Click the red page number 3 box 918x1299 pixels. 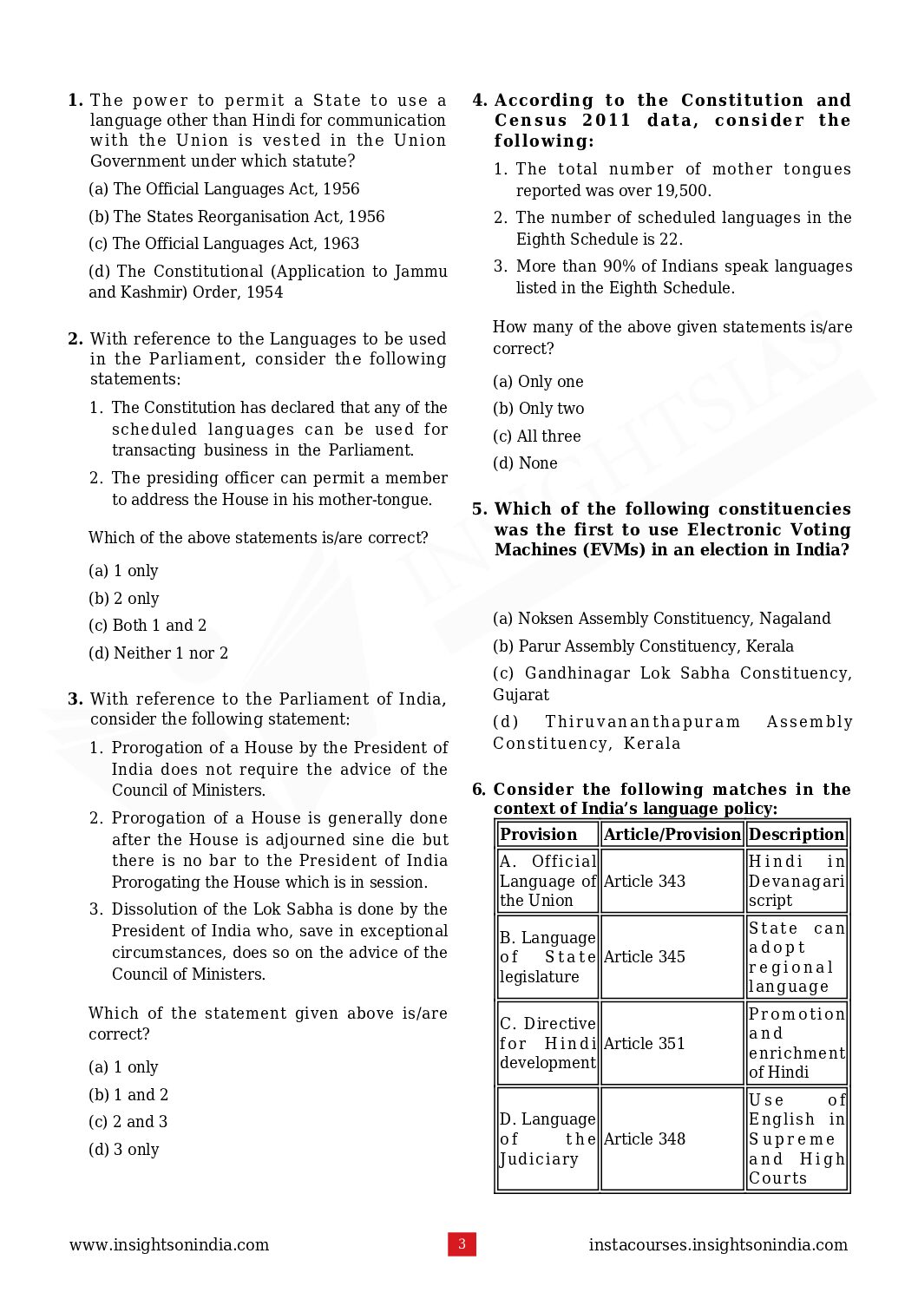click(462, 1243)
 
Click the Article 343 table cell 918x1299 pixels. click(672, 881)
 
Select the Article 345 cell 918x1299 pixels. click(672, 956)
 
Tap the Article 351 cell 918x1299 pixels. click(672, 1043)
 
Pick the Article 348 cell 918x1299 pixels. click(672, 1138)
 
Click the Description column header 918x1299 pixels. click(797, 834)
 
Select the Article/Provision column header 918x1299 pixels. click(672, 834)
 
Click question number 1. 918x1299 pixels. click(75, 101)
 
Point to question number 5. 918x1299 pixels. click(480, 509)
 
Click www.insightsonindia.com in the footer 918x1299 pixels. click(169, 1244)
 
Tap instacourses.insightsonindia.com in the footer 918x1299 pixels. click(718, 1244)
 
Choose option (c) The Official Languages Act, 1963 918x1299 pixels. click(224, 244)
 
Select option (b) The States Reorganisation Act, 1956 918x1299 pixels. click(236, 217)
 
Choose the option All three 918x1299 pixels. click(537, 436)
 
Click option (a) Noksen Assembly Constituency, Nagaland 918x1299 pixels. click(661, 619)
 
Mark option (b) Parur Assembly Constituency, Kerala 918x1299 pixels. click(643, 646)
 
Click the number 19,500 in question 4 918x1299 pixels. click(682, 191)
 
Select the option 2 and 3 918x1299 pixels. click(128, 1122)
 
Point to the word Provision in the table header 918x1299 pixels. click(538, 834)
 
